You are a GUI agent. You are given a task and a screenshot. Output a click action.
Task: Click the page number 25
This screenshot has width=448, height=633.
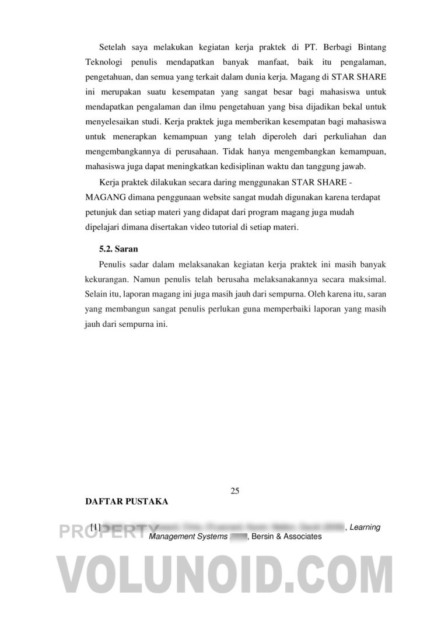(x=235, y=490)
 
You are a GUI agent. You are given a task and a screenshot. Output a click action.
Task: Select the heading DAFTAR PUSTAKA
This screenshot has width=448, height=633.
(x=127, y=502)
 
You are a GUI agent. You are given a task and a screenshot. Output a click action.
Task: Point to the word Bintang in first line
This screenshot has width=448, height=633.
(x=370, y=46)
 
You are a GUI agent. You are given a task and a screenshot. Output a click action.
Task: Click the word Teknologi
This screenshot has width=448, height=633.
(x=103, y=61)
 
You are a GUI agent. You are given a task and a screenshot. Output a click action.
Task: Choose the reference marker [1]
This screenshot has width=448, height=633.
(x=96, y=527)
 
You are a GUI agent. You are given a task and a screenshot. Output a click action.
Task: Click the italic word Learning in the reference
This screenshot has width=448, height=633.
(x=365, y=527)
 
